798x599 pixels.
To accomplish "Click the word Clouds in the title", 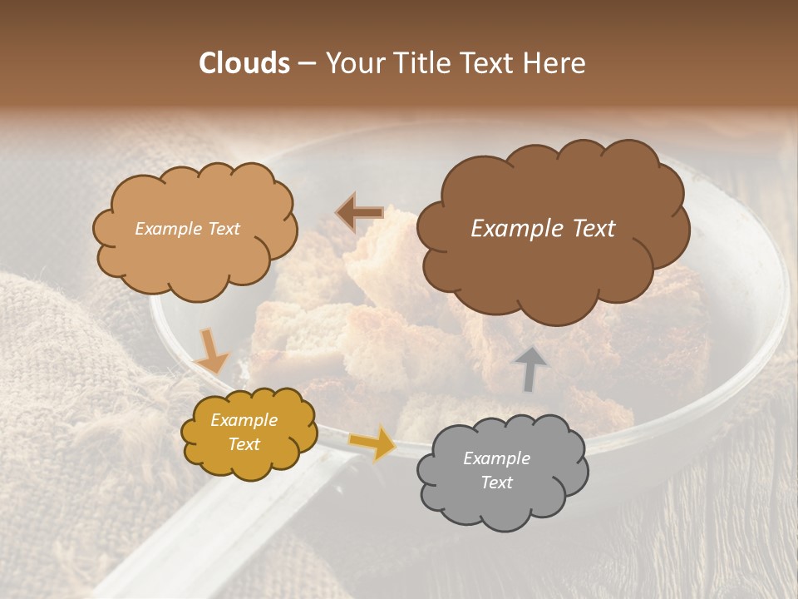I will click(244, 63).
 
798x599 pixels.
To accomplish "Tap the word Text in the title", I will click(488, 63).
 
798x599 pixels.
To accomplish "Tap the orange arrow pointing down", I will click(211, 350).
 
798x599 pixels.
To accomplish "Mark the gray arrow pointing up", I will click(530, 369).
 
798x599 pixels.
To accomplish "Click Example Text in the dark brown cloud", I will click(543, 229).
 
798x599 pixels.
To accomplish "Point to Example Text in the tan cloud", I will click(187, 229).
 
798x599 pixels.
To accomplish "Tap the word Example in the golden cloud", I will click(244, 420).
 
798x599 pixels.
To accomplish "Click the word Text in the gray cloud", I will click(496, 483).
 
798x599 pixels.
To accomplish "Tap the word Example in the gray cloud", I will click(496, 458).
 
